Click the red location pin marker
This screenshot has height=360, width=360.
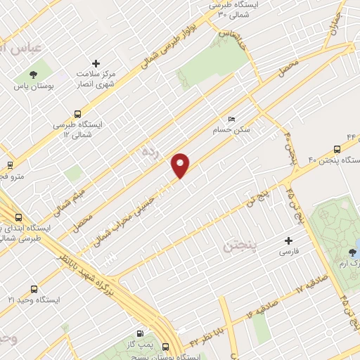tap(181, 165)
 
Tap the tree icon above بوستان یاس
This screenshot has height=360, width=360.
tap(32, 75)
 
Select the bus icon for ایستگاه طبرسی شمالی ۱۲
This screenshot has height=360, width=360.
tap(77, 115)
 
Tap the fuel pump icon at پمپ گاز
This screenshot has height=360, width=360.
tap(139, 333)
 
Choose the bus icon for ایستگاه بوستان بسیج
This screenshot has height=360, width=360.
tap(166, 347)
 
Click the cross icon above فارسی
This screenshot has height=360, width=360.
tap(289, 240)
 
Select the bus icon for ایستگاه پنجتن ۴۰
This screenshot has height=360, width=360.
tap(337, 149)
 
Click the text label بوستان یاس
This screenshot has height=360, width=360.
tap(33, 88)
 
